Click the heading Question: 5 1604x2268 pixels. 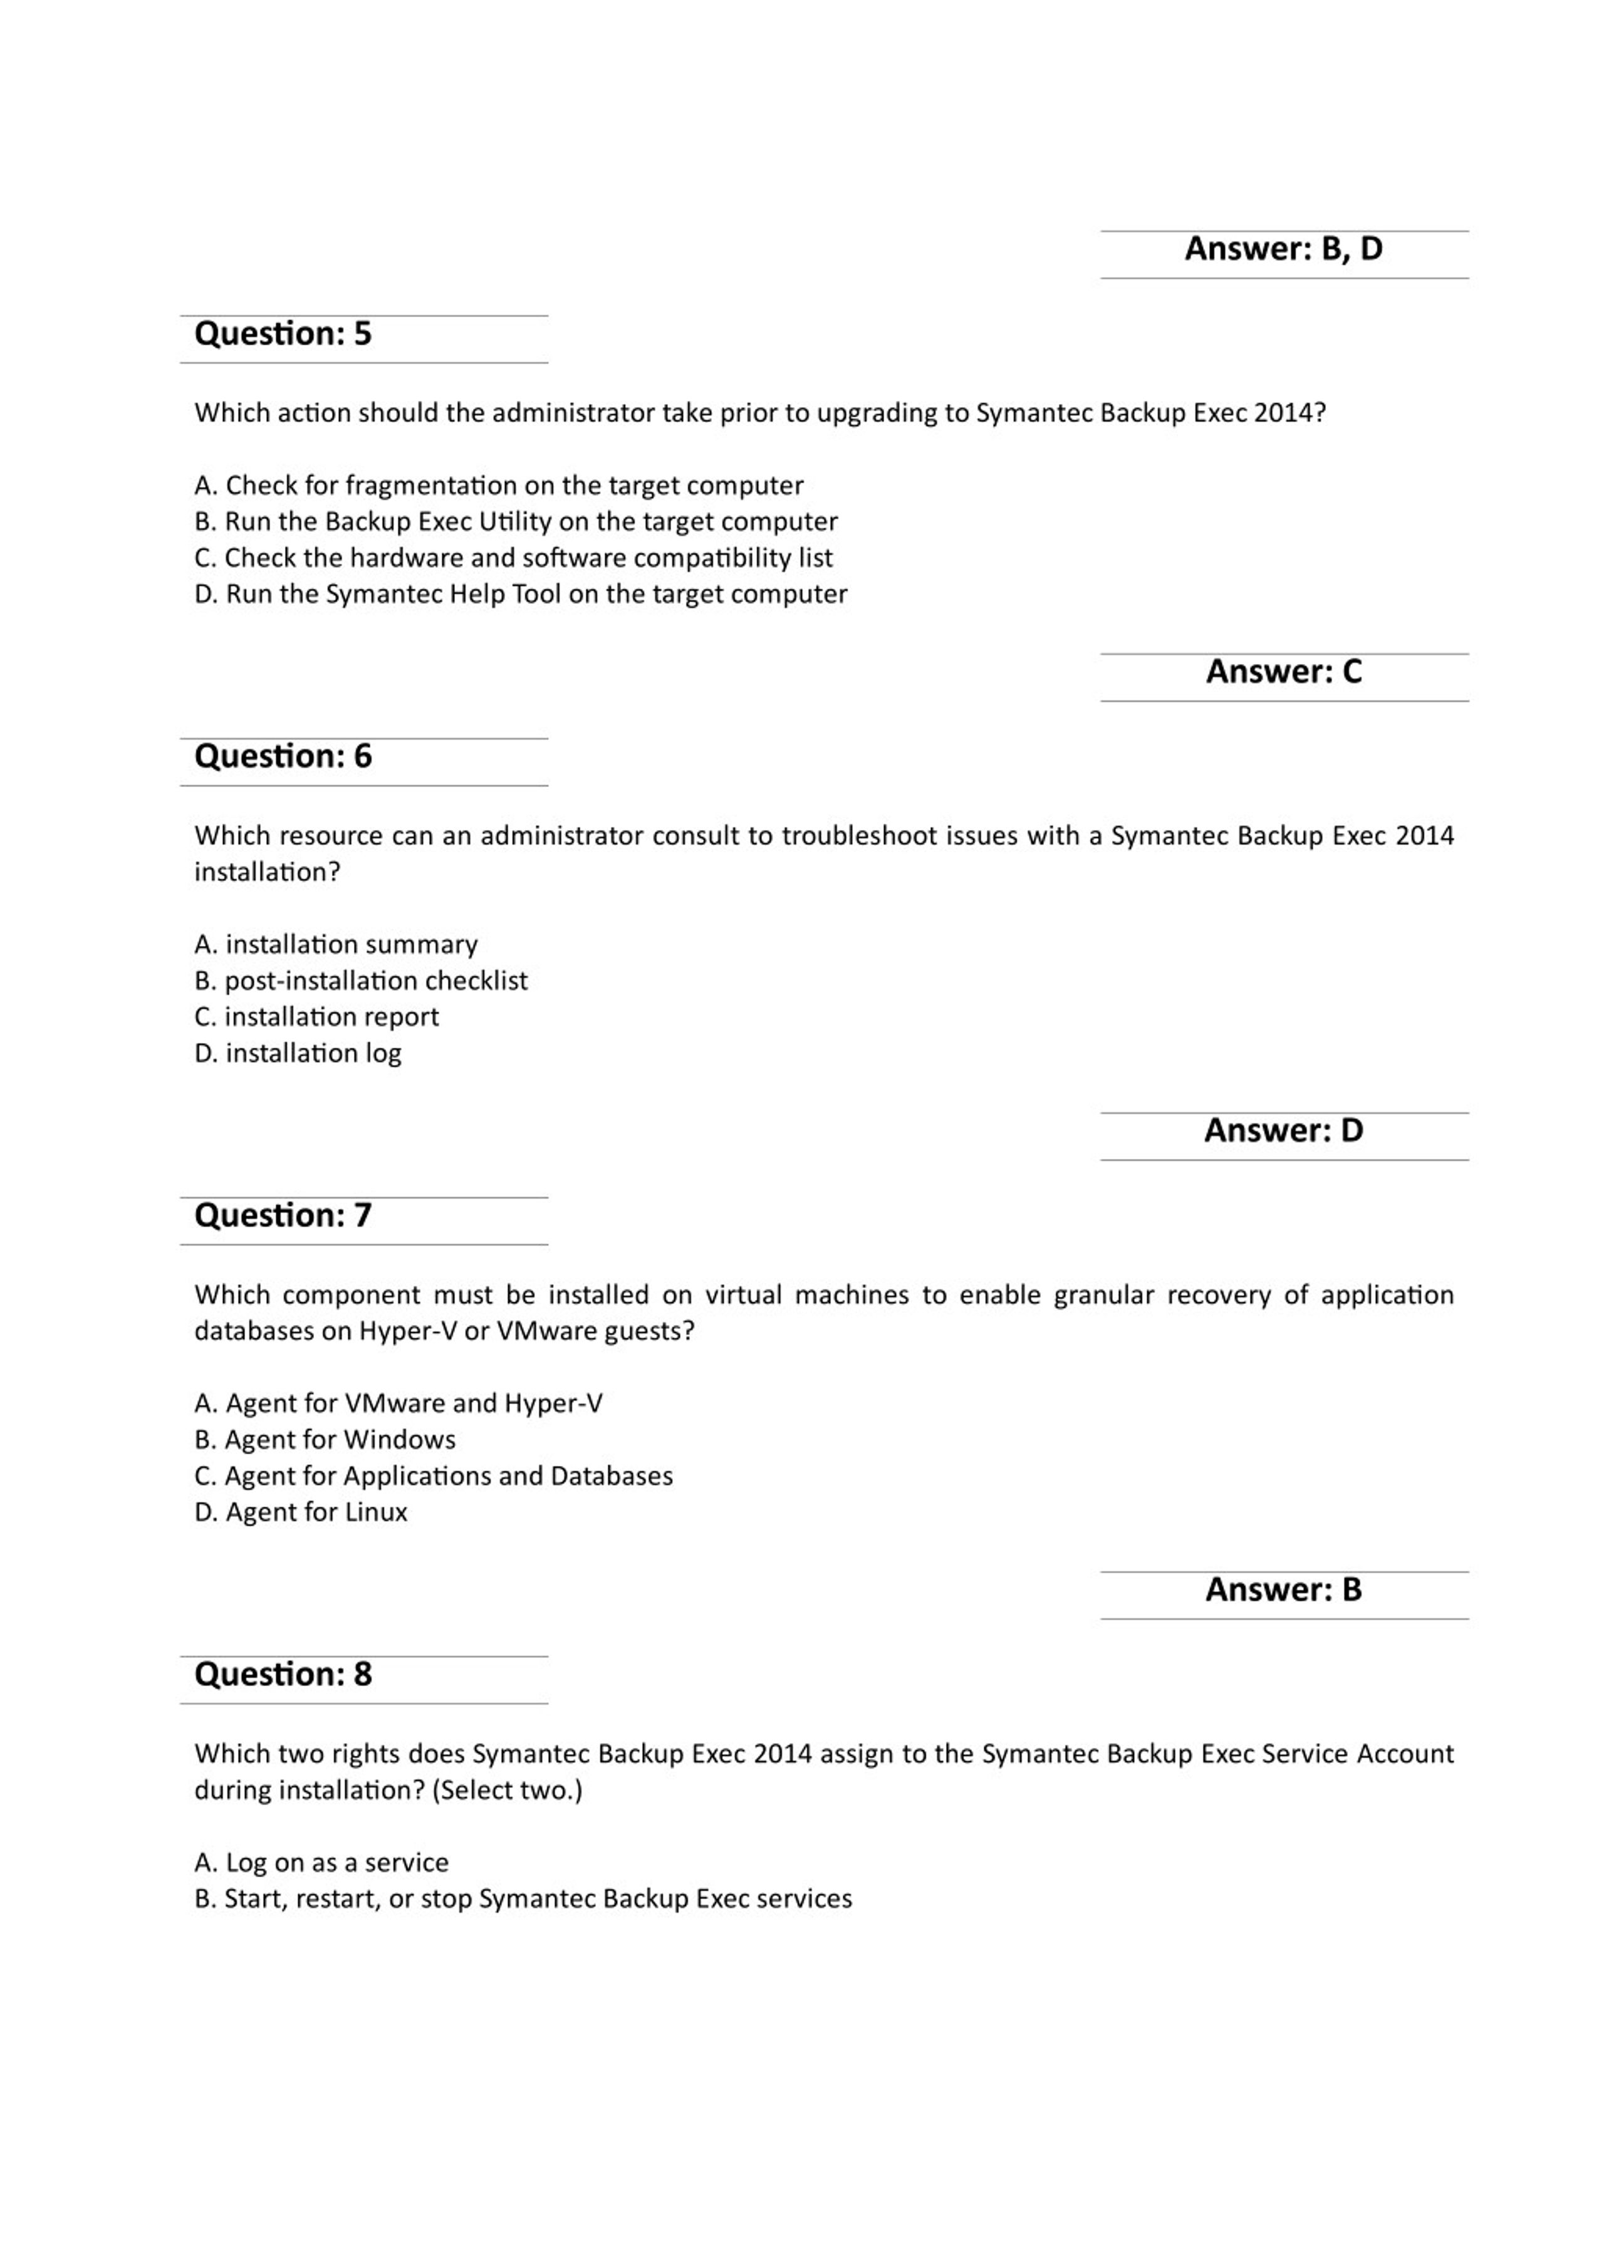pos(283,334)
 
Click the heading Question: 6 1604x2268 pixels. pos(283,757)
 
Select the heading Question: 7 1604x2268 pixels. pos(283,1215)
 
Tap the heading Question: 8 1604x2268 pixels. pos(283,1674)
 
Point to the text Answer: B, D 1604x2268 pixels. pos(1283,249)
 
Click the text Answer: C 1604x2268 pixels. pos(1283,672)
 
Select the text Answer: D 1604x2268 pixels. pos(1283,1130)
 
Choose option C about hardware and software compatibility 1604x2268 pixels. pos(514,558)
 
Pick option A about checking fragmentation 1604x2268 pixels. pos(499,486)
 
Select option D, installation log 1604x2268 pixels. pos(298,1053)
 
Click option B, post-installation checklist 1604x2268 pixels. pos(362,981)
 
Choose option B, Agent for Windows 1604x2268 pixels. pos(325,1440)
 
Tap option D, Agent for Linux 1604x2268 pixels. pos(301,1512)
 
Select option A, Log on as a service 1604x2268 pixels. pos(322,1863)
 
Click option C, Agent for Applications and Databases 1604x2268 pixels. pos(434,1476)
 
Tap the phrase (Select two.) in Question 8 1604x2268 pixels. pos(507,1790)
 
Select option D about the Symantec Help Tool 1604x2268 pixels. pos(521,594)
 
